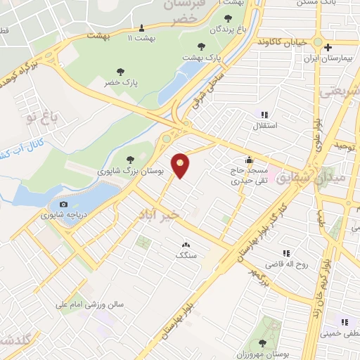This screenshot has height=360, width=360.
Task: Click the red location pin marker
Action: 181,165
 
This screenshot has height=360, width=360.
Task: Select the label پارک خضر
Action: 124,82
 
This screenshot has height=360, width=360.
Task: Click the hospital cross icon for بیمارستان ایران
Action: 327,47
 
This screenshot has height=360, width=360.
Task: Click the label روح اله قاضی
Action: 285,264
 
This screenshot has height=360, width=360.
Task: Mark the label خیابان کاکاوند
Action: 281,41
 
